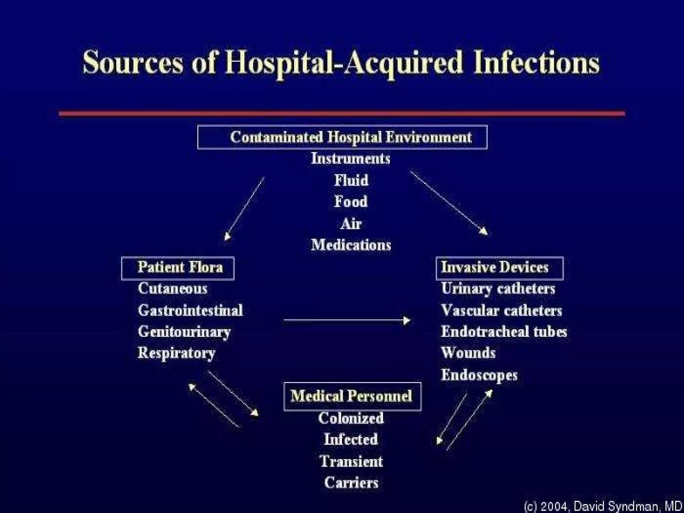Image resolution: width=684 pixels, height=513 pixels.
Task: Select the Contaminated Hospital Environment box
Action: coord(342,137)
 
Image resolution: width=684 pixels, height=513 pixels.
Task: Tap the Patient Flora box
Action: coord(178,268)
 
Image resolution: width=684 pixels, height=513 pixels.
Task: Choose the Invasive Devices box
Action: coord(500,268)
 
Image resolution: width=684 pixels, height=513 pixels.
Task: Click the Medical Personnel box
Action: coord(352,396)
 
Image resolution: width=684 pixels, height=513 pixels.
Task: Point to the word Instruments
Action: coord(351,159)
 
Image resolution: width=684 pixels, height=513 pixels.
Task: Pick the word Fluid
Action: coord(351,180)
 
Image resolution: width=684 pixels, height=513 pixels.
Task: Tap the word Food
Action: coord(351,202)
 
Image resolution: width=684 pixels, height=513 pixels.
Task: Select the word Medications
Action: coord(351,245)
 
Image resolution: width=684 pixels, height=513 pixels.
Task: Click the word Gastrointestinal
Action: coord(190,311)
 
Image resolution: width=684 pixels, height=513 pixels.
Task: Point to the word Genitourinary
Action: coord(184,332)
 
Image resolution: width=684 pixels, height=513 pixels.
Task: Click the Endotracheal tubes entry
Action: coord(504,332)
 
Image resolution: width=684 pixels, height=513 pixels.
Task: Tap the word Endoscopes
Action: coord(479,375)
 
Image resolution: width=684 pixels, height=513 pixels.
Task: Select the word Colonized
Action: coord(351,418)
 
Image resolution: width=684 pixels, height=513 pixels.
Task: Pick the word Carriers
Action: coord(351,483)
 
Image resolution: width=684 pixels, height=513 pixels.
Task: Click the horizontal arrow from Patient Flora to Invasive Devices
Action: coord(346,320)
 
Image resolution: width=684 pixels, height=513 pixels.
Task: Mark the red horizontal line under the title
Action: coord(342,114)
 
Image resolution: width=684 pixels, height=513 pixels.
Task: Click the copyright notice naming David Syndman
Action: coord(603,506)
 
